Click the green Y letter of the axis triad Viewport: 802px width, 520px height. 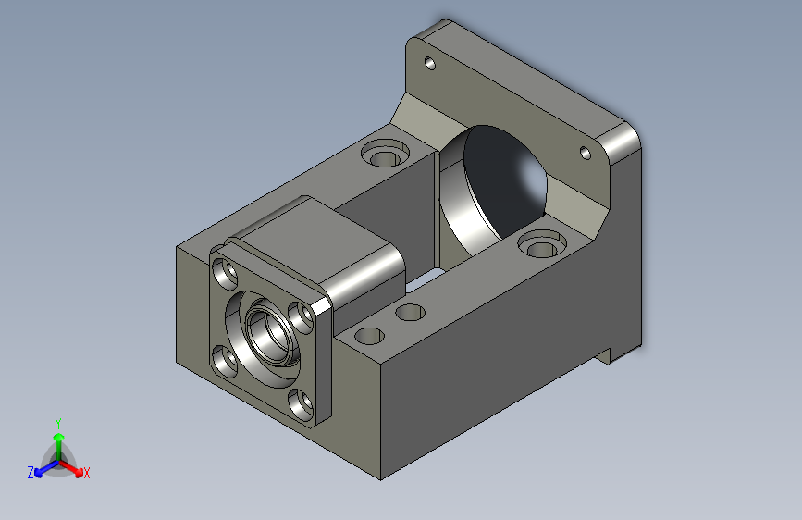tap(58, 424)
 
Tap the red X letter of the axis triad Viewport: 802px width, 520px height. tap(86, 473)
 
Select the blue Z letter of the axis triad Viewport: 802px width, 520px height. tap(31, 473)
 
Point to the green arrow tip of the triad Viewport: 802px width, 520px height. tap(59, 437)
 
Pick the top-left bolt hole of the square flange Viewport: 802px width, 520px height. tap(224, 273)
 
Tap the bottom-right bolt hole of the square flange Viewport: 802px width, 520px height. tap(301, 404)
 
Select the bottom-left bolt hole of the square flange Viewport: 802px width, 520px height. tap(224, 360)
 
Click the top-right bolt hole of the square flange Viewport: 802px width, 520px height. tap(301, 316)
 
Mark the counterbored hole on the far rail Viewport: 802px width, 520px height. tap(385, 154)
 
